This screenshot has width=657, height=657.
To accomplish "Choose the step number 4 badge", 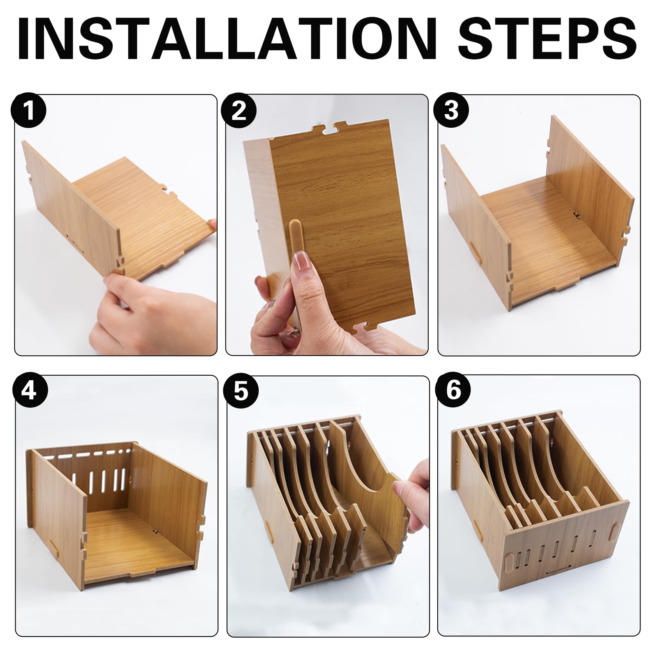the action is [29, 391].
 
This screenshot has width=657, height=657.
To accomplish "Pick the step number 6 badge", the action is [453, 391].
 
